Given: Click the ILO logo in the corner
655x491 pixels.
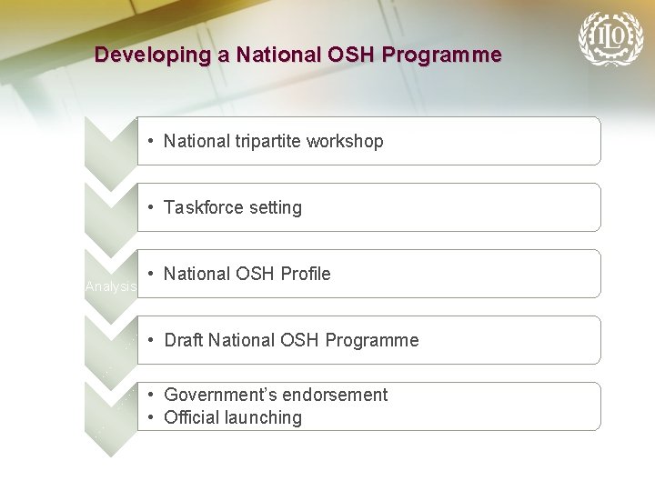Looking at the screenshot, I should click(610, 38).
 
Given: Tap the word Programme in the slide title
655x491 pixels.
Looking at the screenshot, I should click(441, 55).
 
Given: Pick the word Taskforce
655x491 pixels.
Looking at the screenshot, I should click(202, 207).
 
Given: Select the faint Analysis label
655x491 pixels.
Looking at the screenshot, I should click(110, 286).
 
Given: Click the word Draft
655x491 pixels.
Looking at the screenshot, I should click(184, 340).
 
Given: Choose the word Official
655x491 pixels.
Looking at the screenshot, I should click(191, 417).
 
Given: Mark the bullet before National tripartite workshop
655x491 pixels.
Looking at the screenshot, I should click(151, 141).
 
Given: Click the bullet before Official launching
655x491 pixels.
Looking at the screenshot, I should click(151, 417).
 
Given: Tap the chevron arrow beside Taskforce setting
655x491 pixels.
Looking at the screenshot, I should click(110, 218).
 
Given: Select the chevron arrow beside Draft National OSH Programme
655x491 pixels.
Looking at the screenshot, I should click(110, 351).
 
